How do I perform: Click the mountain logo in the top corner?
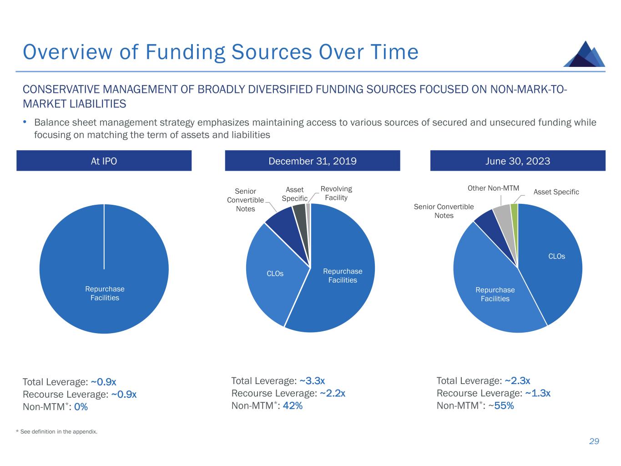584,55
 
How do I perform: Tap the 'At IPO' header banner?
104,161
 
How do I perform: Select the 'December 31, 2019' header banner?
313,161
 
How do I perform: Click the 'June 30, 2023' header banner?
518,161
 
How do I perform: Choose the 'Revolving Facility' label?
336,193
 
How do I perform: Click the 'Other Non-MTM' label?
493,188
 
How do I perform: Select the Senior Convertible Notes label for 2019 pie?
245,200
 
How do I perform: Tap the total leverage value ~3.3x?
312,381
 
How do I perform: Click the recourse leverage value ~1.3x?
538,393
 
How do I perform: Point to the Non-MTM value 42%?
293,405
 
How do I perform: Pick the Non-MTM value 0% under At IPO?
81,407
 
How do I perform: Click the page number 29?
594,441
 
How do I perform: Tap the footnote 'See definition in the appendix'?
58,431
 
